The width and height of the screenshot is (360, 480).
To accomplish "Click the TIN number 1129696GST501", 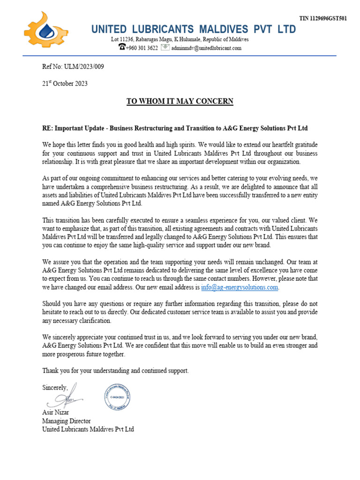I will coord(323,19).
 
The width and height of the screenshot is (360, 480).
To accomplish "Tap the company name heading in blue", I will coord(194,30).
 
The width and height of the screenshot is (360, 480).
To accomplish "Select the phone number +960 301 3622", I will coord(142,48).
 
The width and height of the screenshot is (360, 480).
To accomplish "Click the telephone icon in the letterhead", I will coord(122,47).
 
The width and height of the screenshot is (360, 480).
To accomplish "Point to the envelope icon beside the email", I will coord(165,47).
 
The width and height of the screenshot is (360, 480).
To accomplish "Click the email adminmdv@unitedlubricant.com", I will coord(206,48).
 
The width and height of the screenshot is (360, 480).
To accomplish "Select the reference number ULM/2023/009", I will coord(73,67).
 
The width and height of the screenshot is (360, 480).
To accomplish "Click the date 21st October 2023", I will coord(65,83).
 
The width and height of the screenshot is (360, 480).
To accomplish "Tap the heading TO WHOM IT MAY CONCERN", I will coord(180,101).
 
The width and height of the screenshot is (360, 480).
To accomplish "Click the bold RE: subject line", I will coord(175,128).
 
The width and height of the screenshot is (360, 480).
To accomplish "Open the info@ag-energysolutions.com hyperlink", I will coord(240,287).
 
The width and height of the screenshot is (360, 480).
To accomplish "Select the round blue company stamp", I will coord(117,396).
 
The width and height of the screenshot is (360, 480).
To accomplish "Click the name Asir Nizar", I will coord(55,412).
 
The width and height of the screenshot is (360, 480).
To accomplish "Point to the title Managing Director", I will coord(67,421).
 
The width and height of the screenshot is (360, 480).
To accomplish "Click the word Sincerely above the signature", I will coord(55,388).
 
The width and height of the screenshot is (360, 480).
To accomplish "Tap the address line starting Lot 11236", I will coord(180,39).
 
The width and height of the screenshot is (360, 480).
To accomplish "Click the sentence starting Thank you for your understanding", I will coord(115,370).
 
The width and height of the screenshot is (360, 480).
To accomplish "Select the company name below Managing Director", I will coord(88,429).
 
